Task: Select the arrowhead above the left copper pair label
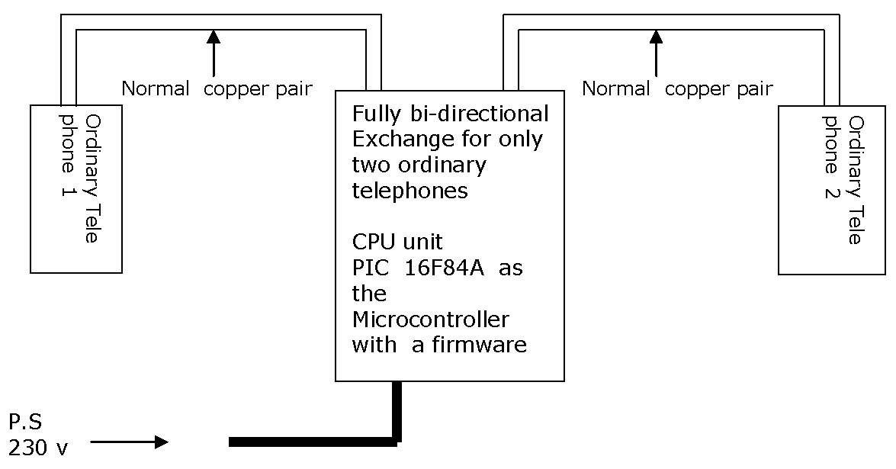coord(214,37)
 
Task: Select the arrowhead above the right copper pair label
coord(655,37)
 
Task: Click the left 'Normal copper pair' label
coord(217,89)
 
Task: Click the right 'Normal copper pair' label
coord(677,89)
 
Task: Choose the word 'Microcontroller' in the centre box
coord(430,319)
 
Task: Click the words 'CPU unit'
coord(397,243)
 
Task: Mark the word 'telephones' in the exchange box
coord(409,191)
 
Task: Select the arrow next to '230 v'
coord(130,442)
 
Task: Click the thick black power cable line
coord(313,442)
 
